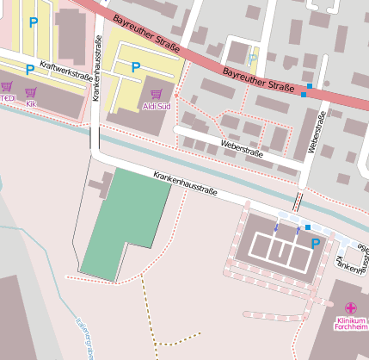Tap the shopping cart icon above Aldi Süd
[156, 93]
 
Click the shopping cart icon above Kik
[32, 92]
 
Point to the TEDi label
[7, 98]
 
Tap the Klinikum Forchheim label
[350, 324]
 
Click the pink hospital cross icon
[350, 307]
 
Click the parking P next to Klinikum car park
[315, 244]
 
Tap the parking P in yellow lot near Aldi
[135, 67]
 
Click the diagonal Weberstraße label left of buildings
[242, 147]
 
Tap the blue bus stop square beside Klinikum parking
[308, 227]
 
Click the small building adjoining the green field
[101, 184]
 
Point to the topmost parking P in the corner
[34, 22]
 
